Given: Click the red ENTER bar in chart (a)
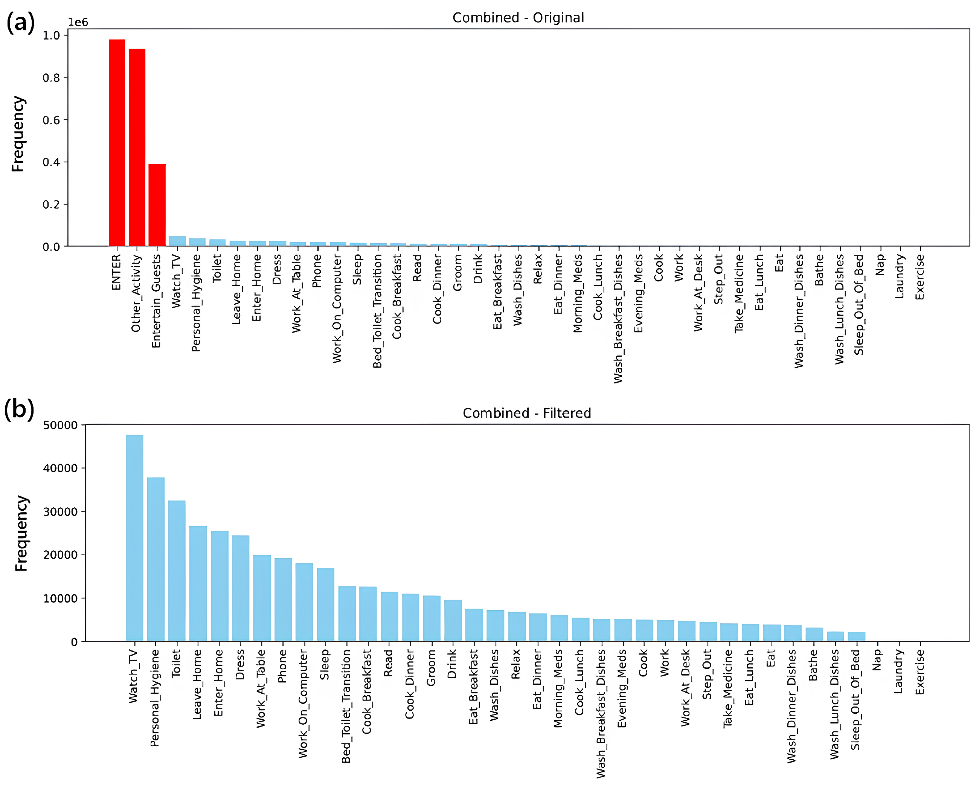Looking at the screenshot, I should click(x=117, y=143).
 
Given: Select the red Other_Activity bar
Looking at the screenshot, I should click(x=137, y=147).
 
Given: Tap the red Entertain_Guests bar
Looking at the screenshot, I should click(x=157, y=205).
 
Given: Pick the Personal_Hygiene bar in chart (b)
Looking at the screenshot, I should click(x=156, y=559).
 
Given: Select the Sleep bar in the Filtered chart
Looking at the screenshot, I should click(x=325, y=604).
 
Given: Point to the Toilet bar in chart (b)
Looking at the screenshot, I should click(x=177, y=571).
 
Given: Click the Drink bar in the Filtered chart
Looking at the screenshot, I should click(x=453, y=620).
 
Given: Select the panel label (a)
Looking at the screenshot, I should click(x=20, y=22).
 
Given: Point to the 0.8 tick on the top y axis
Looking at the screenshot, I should click(x=51, y=78).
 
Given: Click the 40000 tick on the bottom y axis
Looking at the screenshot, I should click(x=60, y=468).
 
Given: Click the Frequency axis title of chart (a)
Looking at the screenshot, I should click(x=18, y=134).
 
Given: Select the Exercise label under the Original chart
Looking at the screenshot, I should click(x=920, y=277).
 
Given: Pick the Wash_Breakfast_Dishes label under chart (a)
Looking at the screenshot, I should click(x=618, y=318).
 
